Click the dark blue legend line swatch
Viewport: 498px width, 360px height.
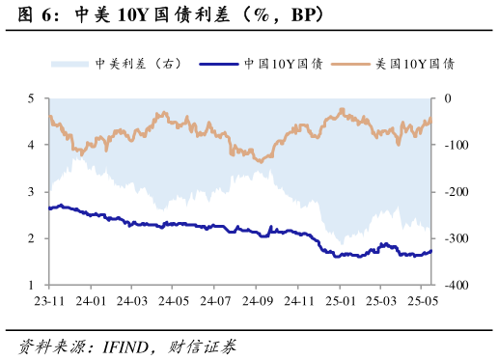click(219, 64)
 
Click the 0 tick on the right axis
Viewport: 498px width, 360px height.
click(448, 98)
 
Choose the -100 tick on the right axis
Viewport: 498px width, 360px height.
click(453, 145)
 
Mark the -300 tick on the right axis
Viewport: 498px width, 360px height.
click(453, 238)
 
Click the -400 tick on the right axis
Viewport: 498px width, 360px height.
click(453, 286)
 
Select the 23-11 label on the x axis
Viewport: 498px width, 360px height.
click(49, 301)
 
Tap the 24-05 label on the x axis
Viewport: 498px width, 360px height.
click(174, 301)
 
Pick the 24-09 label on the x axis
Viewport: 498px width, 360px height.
click(256, 301)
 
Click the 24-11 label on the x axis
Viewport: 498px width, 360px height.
click(298, 301)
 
